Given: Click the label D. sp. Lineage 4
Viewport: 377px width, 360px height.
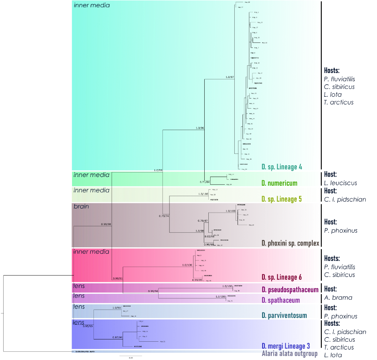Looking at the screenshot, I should [x=282, y=167].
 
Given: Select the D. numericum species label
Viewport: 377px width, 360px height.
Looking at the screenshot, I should [x=279, y=183].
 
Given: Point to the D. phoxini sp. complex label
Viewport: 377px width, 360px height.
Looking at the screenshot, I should [x=290, y=243].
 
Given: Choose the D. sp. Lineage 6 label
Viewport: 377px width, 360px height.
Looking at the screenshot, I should [x=282, y=277].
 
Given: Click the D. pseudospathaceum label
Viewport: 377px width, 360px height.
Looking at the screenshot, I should [x=289, y=290].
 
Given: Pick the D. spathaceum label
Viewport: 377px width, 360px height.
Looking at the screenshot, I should [x=280, y=300].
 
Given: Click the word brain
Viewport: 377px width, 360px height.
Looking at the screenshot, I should [x=81, y=206].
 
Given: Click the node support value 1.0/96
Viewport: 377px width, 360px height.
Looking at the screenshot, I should [x=200, y=128].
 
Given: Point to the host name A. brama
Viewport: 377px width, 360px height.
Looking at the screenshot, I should [x=338, y=297].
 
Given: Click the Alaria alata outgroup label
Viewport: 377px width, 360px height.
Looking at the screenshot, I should [x=289, y=354].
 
